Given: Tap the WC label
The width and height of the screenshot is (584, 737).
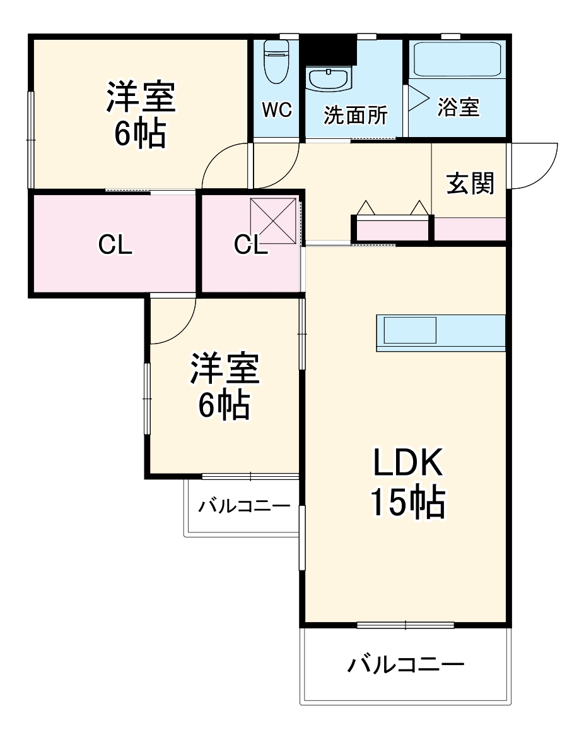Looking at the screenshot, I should click(x=277, y=111).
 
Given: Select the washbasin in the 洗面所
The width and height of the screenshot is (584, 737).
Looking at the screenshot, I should click(x=328, y=80).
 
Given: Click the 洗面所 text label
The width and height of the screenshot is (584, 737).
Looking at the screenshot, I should click(x=356, y=115).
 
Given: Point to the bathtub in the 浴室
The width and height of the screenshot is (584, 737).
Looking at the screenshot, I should click(x=458, y=60).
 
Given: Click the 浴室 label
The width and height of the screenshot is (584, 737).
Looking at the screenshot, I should click(x=459, y=107).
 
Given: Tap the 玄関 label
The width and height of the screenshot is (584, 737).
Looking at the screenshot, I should click(x=470, y=183).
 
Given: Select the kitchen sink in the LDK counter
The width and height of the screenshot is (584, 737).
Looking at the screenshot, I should click(x=410, y=330).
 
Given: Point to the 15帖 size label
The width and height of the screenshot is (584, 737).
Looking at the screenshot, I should click(x=407, y=503).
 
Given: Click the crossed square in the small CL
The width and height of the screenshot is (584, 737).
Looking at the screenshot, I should click(x=273, y=220).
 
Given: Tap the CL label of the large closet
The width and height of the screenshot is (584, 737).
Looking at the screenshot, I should click(x=115, y=245).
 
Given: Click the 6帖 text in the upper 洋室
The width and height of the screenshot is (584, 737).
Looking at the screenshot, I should click(x=140, y=133).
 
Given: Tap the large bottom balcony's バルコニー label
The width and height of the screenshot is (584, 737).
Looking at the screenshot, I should click(x=406, y=664).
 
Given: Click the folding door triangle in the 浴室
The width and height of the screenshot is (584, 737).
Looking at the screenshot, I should click(x=417, y=98).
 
